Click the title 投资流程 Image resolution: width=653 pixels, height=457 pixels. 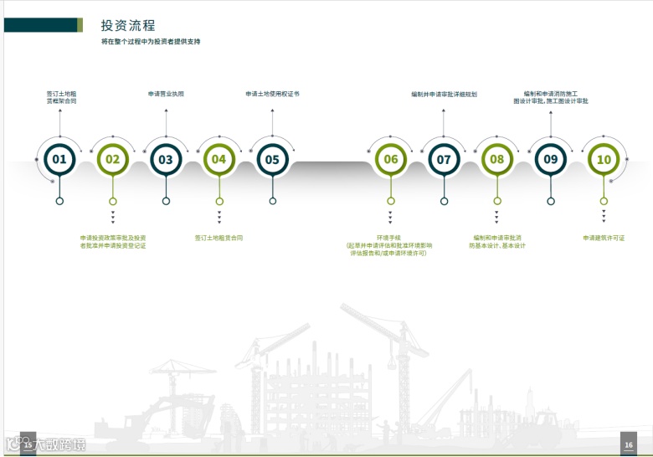tap(128, 26)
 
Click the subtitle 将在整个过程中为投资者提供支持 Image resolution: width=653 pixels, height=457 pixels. tap(151, 41)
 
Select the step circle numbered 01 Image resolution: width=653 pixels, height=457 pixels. tap(59, 159)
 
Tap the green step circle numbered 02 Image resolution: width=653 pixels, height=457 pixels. tap(112, 159)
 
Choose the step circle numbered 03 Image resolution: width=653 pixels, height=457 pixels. tap(166, 159)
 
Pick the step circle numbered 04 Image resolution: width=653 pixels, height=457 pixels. tap(219, 159)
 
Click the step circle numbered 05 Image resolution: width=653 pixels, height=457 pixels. tap(272, 159)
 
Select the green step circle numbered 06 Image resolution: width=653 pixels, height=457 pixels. tap(390, 159)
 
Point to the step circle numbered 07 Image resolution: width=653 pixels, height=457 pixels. tap(444, 159)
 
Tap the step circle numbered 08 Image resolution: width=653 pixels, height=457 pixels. tap(497, 159)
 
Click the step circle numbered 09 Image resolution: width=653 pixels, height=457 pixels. tap(550, 159)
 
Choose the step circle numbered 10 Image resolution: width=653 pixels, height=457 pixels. tap(604, 159)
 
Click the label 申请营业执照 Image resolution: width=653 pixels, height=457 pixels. tap(166, 94)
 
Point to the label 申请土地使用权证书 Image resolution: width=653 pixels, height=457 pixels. tap(272, 94)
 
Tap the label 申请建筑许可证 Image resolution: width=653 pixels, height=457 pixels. tap(604, 238)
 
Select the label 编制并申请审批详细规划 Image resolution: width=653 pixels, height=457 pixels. tap(444, 95)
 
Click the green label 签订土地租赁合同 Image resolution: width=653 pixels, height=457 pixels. tap(219, 238)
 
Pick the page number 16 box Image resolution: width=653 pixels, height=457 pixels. tap(629, 444)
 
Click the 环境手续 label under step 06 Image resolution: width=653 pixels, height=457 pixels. tap(390, 238)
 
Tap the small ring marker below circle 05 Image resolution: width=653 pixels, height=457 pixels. tap(273, 201)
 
